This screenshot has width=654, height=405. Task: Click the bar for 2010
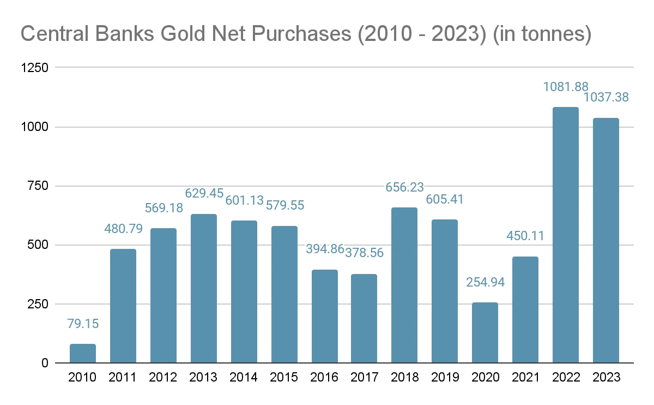tap(83, 354)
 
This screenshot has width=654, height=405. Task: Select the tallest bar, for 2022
tap(566, 235)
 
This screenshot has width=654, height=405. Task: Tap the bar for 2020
tap(485, 333)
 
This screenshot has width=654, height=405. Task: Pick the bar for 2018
tap(404, 285)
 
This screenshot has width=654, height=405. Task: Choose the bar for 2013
tap(204, 289)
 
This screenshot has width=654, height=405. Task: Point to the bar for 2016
tap(325, 317)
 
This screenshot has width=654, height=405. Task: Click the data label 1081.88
tap(566, 87)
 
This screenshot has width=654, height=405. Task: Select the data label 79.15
tap(83, 324)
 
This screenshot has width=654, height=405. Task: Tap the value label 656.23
tap(404, 188)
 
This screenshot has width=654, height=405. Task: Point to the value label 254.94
tap(485, 283)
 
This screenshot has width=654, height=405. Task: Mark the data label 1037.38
tap(606, 98)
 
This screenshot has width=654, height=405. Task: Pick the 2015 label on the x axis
tap(284, 378)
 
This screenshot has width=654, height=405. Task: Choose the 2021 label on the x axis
tap(525, 378)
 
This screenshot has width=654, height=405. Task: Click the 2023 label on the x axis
tap(606, 378)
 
